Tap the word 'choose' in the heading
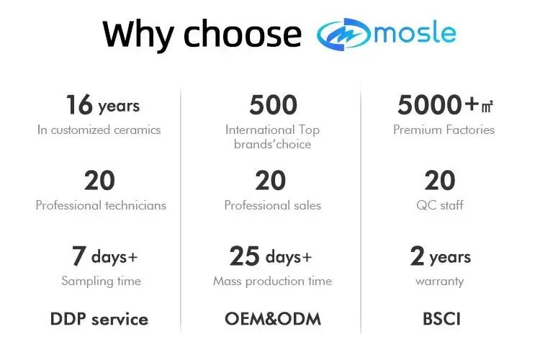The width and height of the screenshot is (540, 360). tap(243, 33)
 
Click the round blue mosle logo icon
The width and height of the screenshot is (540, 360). tap(343, 34)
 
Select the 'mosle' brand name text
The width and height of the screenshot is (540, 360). tap(415, 32)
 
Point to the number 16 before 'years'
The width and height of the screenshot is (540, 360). tap(79, 104)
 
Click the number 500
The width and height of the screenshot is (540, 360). tap(273, 104)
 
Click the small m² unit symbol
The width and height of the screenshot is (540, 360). tap(487, 107)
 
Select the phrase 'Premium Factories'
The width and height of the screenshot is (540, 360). tap(444, 130)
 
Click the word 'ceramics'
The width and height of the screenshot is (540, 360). tap(137, 130)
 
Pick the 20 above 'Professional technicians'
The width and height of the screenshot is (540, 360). tap(99, 180)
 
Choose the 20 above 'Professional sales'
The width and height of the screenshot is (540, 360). tap(270, 180)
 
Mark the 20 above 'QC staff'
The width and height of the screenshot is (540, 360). tap(440, 180)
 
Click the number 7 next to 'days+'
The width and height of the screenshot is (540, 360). tap(79, 256)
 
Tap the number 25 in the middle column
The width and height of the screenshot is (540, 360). tap(245, 256)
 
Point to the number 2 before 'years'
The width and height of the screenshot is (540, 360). tap(417, 256)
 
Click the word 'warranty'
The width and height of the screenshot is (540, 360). tap(440, 282)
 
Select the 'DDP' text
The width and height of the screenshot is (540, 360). tap(68, 319)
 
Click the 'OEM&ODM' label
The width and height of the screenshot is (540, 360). tap(273, 319)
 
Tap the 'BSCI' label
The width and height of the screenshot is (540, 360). tap(441, 319)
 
